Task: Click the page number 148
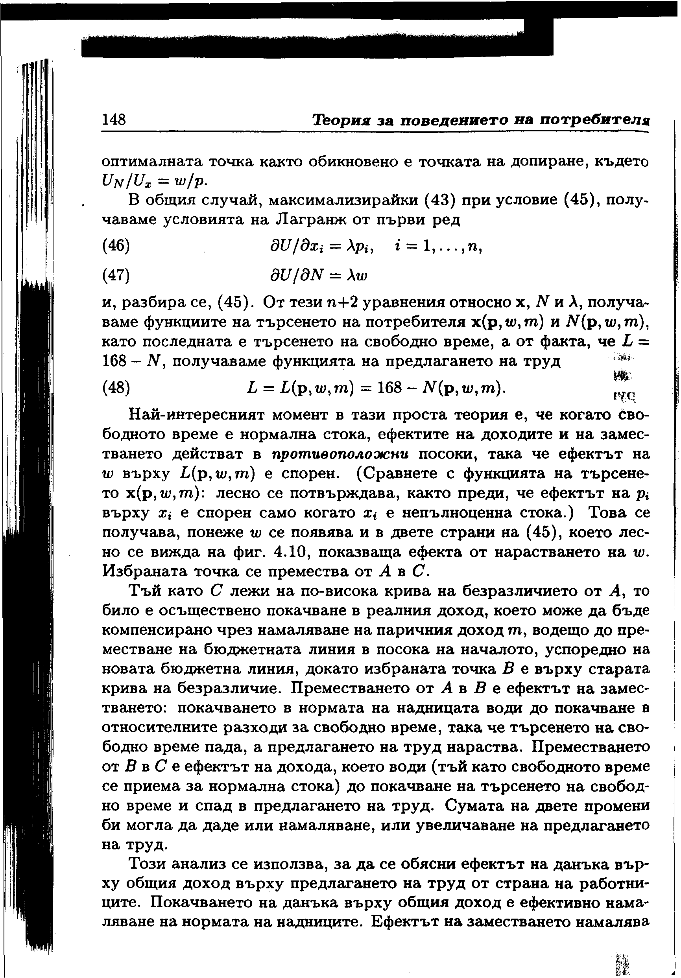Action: tap(114, 120)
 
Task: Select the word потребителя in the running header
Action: tap(594, 120)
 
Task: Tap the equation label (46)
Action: tap(116, 246)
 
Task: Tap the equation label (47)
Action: tap(116, 276)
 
